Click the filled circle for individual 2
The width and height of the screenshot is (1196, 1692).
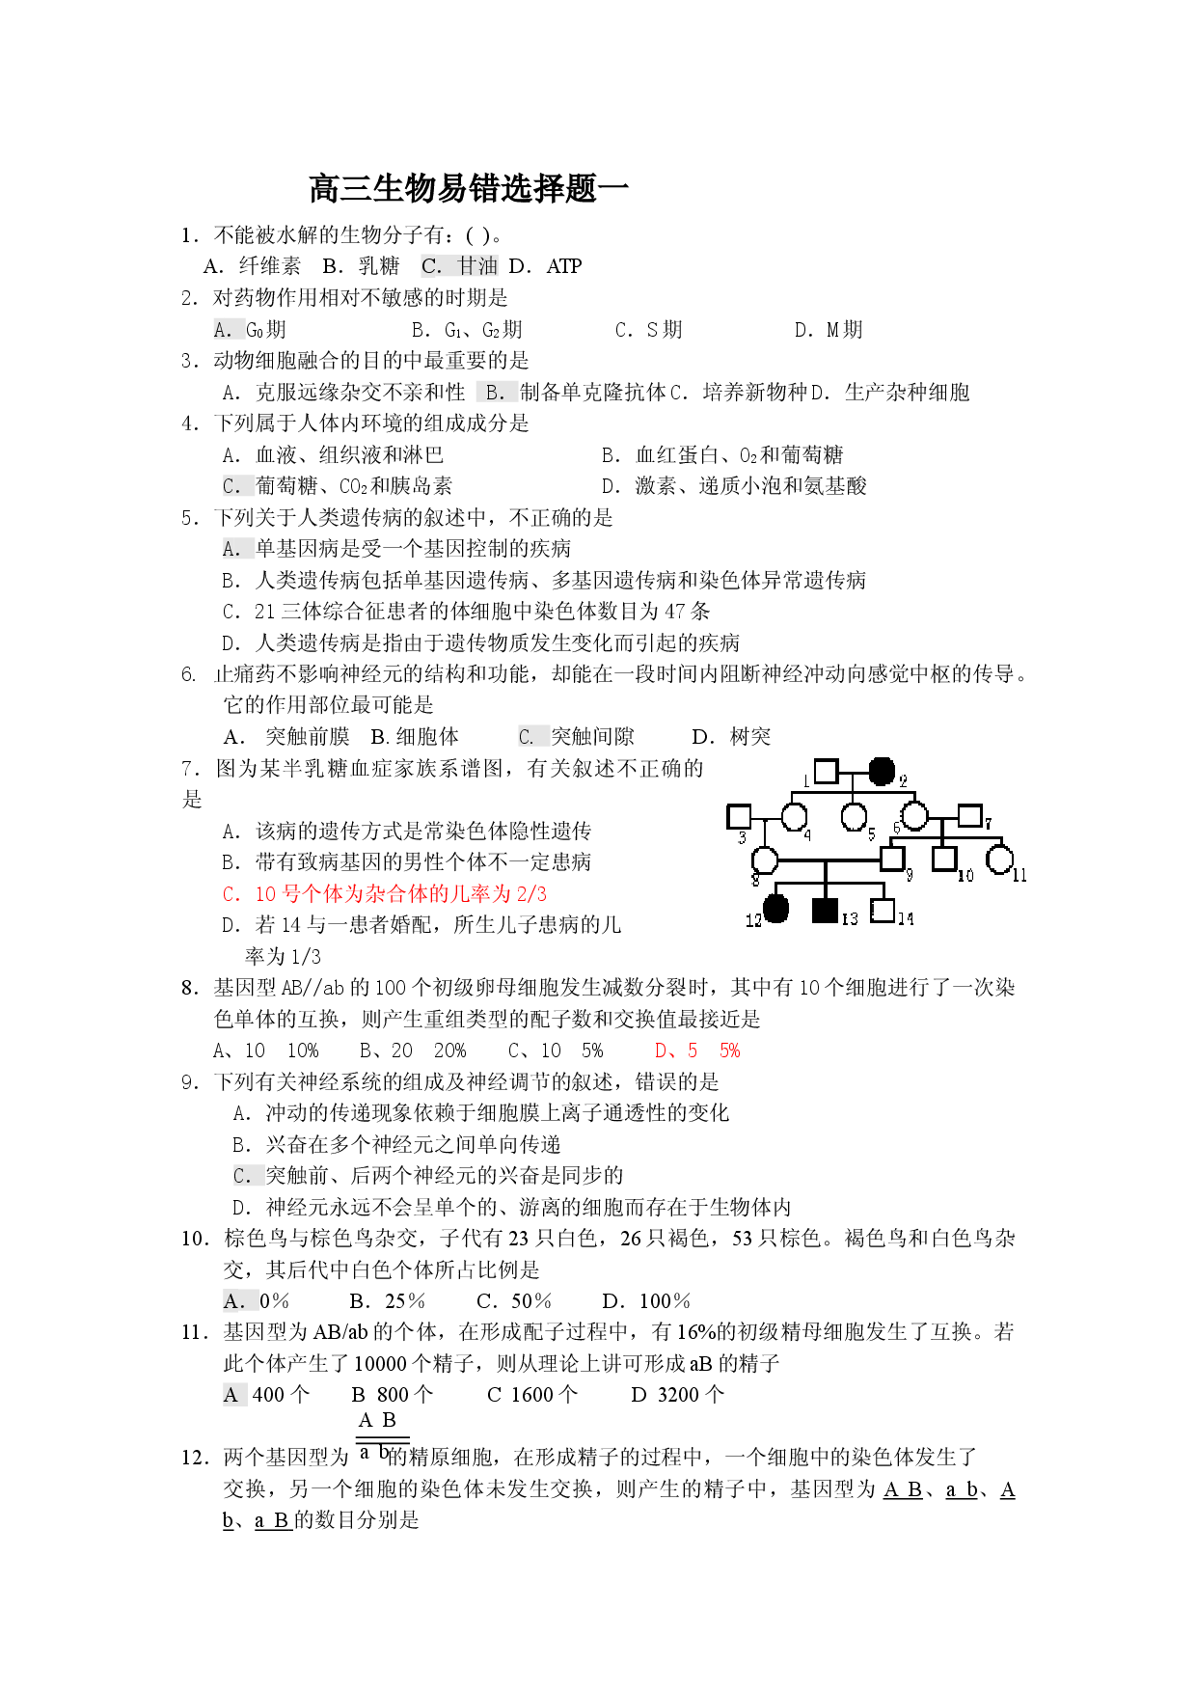coord(882,772)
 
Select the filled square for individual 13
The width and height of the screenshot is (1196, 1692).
coord(825,910)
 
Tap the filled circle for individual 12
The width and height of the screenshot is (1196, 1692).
coord(776,909)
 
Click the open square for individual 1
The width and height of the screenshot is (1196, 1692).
coord(827,772)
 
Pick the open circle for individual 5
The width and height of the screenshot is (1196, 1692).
coord(854,817)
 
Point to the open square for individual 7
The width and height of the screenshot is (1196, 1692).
coord(969,816)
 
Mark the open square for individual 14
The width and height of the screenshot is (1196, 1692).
coord(882,910)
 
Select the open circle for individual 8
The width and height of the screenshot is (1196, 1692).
coord(765,860)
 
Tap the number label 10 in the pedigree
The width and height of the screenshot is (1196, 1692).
coord(965,876)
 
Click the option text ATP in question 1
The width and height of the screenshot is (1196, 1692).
coord(564,266)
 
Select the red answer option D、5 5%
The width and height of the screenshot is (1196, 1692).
coord(697,1051)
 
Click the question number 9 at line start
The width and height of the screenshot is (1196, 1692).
coord(189,1082)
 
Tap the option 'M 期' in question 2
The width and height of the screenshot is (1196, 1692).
coord(845,330)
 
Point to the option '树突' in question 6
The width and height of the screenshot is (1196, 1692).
coord(750,737)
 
